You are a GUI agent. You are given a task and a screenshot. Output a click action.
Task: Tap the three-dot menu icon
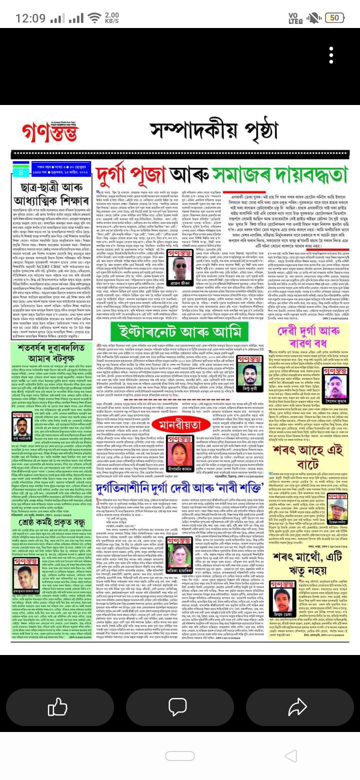tap(330, 55)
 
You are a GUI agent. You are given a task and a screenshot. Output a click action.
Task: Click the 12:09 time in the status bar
tap(30, 18)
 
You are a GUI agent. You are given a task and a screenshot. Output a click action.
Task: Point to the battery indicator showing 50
tap(333, 18)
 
